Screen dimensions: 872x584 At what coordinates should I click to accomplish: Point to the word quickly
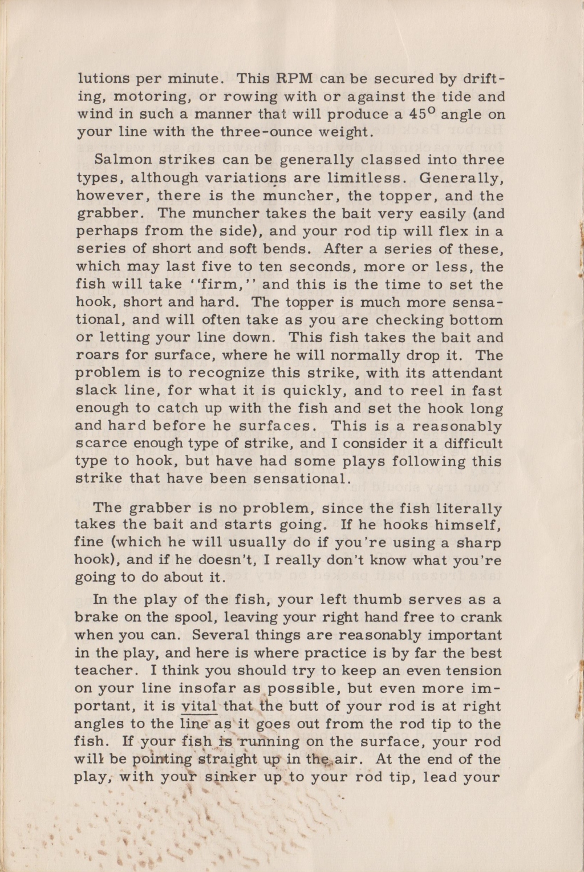pyautogui.click(x=314, y=391)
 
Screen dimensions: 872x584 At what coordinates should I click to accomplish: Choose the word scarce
pyautogui.click(x=100, y=444)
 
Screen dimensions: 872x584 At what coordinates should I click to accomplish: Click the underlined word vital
pyautogui.click(x=198, y=706)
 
